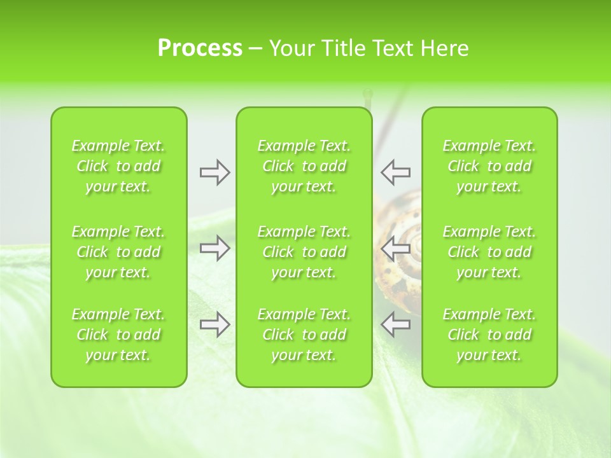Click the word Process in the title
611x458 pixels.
point(200,48)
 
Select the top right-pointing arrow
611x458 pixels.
point(214,172)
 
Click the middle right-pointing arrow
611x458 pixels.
point(214,248)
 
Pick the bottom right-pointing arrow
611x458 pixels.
point(214,324)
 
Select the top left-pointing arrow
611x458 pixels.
point(396,172)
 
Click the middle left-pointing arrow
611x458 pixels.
point(396,248)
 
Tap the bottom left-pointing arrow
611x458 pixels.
point(396,324)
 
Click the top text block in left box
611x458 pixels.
point(118,166)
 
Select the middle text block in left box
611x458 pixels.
point(118,252)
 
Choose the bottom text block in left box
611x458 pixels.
point(118,335)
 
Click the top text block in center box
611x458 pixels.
point(304,166)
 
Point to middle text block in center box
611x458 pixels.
point(304,252)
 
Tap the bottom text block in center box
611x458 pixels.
point(304,335)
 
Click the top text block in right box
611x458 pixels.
point(489,166)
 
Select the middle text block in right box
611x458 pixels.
point(489,252)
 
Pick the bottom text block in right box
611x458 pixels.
point(489,335)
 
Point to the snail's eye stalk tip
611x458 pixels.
point(367,93)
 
